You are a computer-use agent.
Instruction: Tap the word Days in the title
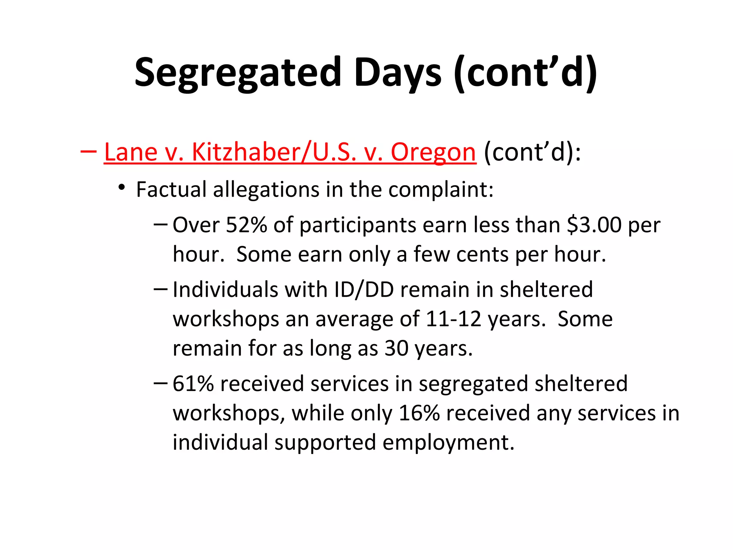[397, 73]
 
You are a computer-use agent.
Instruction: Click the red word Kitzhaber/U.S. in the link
[274, 152]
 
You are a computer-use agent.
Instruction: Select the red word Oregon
[433, 152]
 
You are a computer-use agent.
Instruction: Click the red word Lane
[130, 152]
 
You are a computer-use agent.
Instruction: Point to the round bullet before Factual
[122, 187]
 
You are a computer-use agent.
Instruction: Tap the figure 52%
[247, 225]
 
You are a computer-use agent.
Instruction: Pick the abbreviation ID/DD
[364, 290]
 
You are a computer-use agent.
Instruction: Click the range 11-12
[453, 319]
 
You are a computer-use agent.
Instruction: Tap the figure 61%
[193, 384]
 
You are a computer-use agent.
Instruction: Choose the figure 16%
[419, 413]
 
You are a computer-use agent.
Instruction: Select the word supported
[325, 443]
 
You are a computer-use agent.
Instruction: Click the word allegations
[266, 189]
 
